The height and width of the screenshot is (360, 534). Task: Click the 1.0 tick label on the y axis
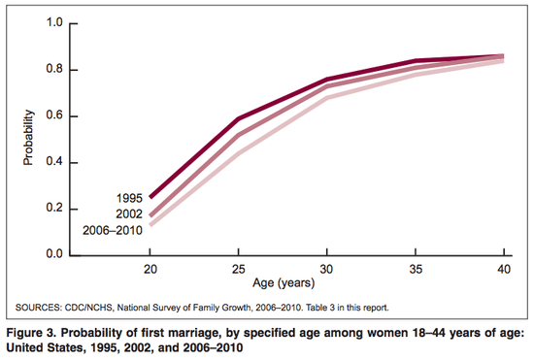53,22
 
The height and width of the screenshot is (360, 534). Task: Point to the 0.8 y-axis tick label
53,69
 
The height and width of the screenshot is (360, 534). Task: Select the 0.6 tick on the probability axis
53,115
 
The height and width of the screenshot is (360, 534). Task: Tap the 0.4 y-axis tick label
53,162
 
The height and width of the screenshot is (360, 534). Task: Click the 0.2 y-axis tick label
53,209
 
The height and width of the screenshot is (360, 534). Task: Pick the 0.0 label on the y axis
53,255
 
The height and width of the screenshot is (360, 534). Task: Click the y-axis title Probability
29,139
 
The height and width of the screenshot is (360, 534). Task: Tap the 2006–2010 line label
109,229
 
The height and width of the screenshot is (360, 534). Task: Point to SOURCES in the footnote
38,308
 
